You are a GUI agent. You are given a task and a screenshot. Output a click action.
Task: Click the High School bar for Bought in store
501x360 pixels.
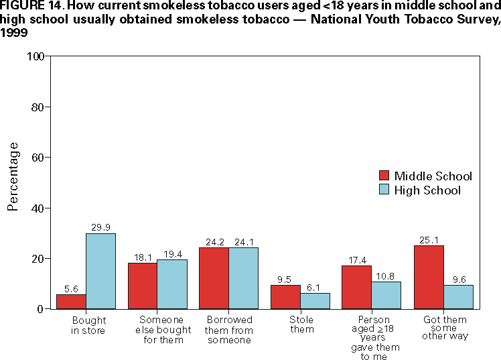pos(100,271)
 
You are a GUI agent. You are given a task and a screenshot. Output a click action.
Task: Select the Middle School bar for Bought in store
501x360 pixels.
pos(71,302)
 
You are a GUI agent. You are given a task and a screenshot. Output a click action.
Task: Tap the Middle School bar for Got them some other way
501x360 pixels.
pos(429,277)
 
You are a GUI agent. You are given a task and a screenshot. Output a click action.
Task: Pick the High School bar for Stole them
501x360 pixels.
pos(315,301)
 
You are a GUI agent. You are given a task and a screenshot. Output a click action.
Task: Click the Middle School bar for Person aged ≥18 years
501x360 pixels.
pos(357,287)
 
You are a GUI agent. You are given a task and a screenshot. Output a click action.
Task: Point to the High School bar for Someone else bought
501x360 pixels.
pos(172,284)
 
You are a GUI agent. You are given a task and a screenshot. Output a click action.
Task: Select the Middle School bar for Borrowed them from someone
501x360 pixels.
pos(214,278)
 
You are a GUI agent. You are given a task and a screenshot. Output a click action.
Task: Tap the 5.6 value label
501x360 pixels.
pos(71,289)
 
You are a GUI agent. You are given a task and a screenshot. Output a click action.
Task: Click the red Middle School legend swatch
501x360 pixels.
pos(384,176)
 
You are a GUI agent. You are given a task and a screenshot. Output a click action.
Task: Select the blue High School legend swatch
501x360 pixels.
pos(384,190)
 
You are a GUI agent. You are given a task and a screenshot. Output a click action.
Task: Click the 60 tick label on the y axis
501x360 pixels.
pos(38,158)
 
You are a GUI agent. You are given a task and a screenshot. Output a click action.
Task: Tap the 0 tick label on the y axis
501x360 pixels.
pos(41,309)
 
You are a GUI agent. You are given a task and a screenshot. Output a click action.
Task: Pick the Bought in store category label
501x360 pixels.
pos(88,326)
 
